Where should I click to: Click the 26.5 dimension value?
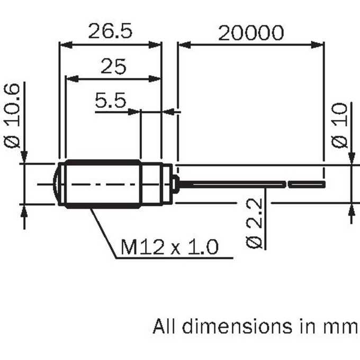110,31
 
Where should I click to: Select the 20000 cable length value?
251,33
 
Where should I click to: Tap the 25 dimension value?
113,66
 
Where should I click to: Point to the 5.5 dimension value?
111,100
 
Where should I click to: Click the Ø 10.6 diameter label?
12,115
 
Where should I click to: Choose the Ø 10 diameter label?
339,125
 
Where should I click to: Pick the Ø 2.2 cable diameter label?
254,223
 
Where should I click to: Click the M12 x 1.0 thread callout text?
169,247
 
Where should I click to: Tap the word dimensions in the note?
237,326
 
